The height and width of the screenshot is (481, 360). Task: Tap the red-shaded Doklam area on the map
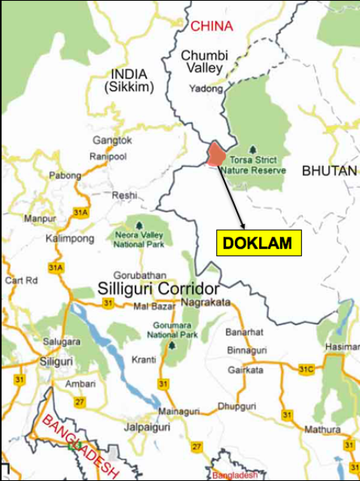(216, 154)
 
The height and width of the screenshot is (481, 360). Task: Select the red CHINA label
(212, 26)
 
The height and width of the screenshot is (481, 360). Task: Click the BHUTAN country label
(329, 171)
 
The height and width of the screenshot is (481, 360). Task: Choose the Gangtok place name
(112, 141)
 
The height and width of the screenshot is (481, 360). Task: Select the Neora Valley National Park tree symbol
(139, 224)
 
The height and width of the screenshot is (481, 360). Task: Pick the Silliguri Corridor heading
(159, 290)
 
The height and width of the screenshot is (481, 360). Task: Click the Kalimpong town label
(72, 238)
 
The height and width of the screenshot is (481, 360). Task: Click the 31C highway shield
(305, 369)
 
